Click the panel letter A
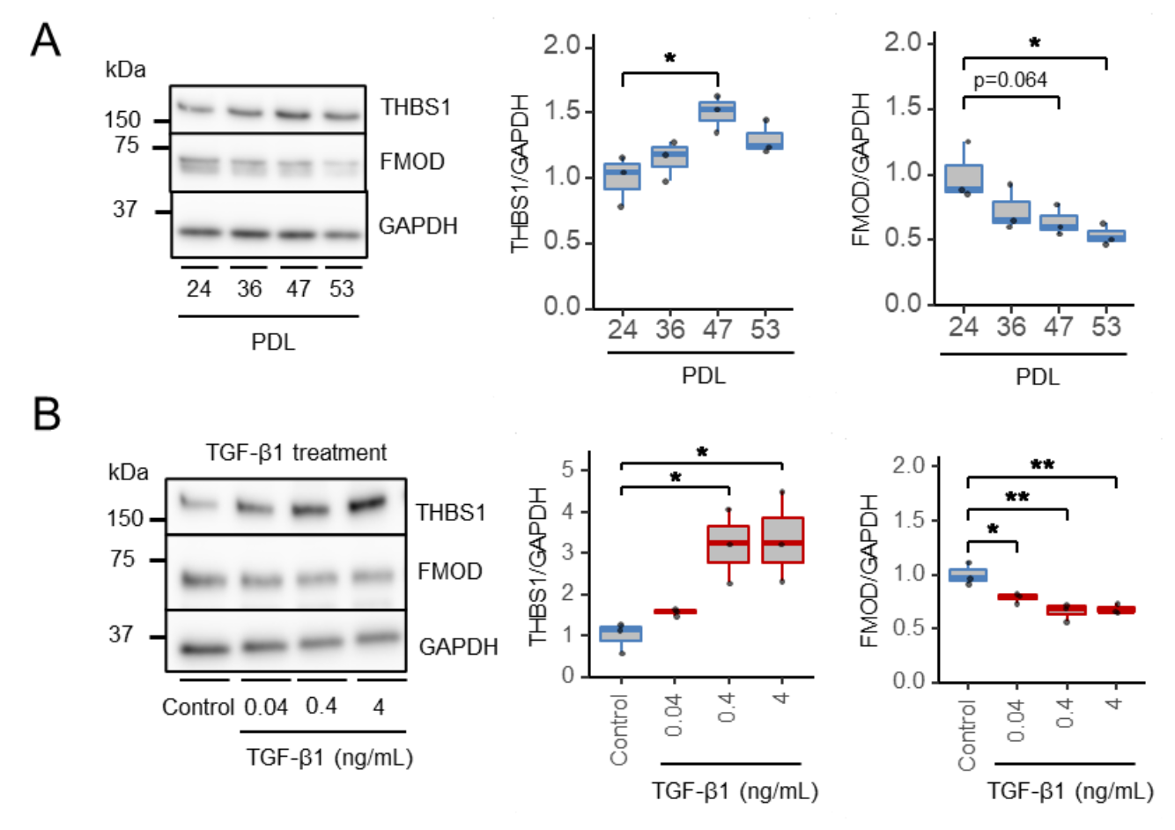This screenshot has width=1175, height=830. click(x=45, y=40)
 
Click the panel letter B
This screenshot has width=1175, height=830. click(x=46, y=413)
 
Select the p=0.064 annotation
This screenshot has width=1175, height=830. click(x=1010, y=80)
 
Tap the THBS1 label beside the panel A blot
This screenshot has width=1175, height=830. click(x=416, y=107)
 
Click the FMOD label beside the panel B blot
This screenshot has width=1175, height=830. click(x=450, y=571)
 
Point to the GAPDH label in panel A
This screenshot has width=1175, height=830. click(x=418, y=226)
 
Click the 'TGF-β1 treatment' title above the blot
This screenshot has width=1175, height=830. click(x=296, y=453)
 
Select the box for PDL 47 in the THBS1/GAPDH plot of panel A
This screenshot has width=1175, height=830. click(x=717, y=111)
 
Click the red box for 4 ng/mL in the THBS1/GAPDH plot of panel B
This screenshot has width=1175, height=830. click(x=782, y=540)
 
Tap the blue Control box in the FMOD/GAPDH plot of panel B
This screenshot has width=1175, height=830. click(x=967, y=575)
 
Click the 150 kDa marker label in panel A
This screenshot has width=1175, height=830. click(x=122, y=120)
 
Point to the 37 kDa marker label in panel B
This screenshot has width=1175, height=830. click(x=121, y=634)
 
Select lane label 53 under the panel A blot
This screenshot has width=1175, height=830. click(x=342, y=289)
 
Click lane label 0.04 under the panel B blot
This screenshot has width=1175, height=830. click(x=266, y=707)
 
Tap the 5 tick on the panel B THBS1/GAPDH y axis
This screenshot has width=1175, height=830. click(x=568, y=471)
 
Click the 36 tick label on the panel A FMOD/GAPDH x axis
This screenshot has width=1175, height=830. click(x=1011, y=327)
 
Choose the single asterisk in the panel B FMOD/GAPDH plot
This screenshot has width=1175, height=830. click(x=993, y=530)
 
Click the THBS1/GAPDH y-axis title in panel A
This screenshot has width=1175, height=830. click(x=521, y=173)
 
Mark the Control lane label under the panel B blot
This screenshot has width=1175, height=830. click(x=198, y=707)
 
